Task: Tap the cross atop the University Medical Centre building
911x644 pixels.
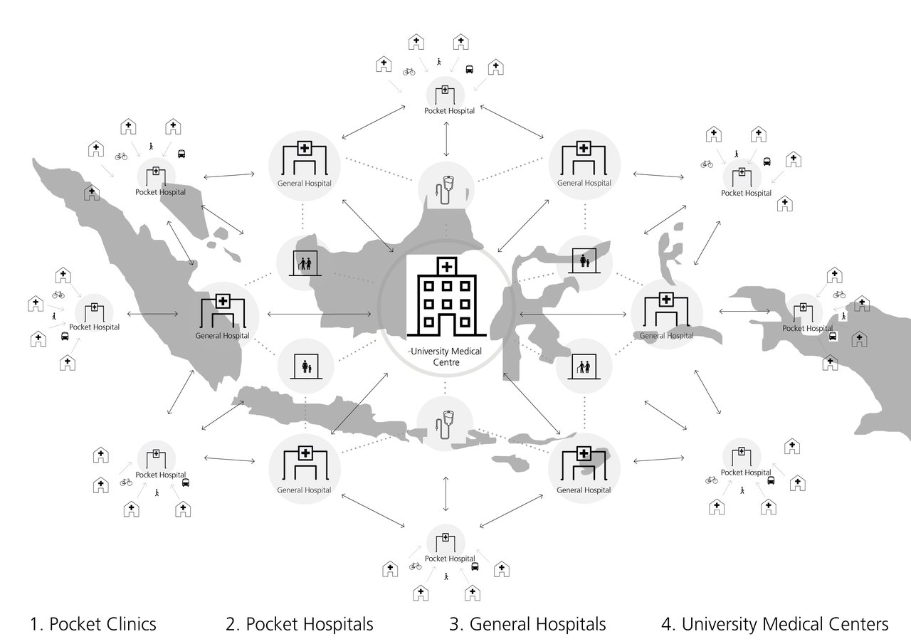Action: (446, 267)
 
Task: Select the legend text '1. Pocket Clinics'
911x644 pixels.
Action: (93, 625)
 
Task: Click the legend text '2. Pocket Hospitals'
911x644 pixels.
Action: (300, 625)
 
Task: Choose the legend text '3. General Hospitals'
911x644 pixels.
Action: (527, 625)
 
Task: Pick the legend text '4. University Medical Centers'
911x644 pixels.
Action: (775, 625)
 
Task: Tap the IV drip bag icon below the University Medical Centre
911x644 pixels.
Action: (446, 424)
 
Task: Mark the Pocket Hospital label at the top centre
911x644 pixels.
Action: (449, 110)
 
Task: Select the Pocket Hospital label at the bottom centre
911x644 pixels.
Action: (449, 559)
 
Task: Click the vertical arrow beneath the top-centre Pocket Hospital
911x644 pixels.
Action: (446, 139)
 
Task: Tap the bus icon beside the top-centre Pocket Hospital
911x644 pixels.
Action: (470, 70)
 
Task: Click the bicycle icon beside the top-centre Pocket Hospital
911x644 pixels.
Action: (409, 71)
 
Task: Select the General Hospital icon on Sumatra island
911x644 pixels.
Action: (222, 311)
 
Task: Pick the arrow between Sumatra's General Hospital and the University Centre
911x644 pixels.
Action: (320, 314)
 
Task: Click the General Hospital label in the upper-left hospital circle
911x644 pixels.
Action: (305, 184)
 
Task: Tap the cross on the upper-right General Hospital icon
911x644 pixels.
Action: (584, 148)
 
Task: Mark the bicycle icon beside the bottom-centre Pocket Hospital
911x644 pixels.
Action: (416, 566)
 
